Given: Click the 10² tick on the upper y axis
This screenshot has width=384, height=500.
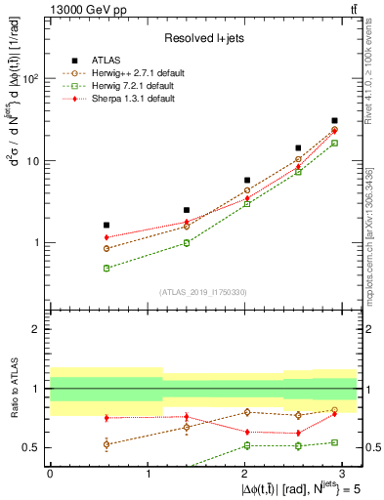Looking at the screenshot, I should [31, 79].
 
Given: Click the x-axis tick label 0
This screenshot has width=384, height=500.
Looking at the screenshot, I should [50, 474].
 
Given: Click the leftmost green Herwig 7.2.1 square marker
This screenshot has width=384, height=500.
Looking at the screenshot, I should [107, 268].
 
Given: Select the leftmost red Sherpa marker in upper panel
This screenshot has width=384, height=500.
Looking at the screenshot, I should [107, 237].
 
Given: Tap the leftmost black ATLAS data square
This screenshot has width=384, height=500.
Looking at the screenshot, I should [107, 225].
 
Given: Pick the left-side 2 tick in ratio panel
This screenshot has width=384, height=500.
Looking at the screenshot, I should [37, 329].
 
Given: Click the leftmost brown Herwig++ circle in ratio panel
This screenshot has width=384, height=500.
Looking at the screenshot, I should [107, 444].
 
